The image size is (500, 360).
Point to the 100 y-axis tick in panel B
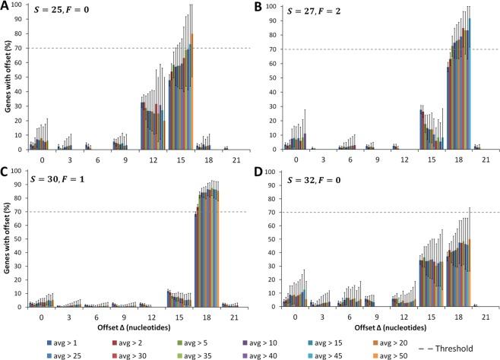click(x=271, y=5)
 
